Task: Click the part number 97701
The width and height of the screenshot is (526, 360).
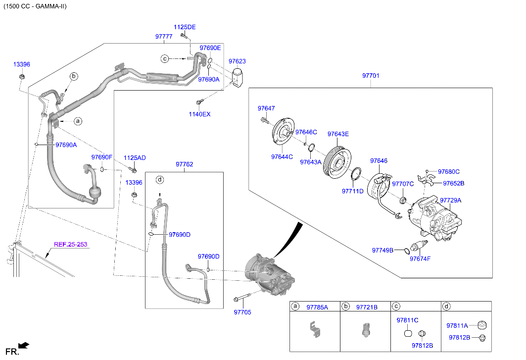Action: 371,76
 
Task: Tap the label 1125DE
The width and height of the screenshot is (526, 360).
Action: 185,27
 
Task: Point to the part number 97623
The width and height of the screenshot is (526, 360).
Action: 237,61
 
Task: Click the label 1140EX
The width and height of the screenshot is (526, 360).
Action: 199,114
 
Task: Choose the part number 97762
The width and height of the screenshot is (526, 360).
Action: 184,164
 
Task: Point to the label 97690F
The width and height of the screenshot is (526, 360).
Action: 102,157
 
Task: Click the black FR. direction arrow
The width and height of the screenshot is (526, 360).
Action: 24,345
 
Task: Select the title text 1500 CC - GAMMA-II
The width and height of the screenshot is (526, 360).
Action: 35,6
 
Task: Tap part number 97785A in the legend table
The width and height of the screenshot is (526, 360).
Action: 317,307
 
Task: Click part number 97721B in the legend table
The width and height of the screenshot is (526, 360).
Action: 367,307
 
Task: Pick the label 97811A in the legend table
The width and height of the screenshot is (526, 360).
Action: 457,326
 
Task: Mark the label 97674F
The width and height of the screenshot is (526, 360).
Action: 420,258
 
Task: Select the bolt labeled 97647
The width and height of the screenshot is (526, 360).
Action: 264,120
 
